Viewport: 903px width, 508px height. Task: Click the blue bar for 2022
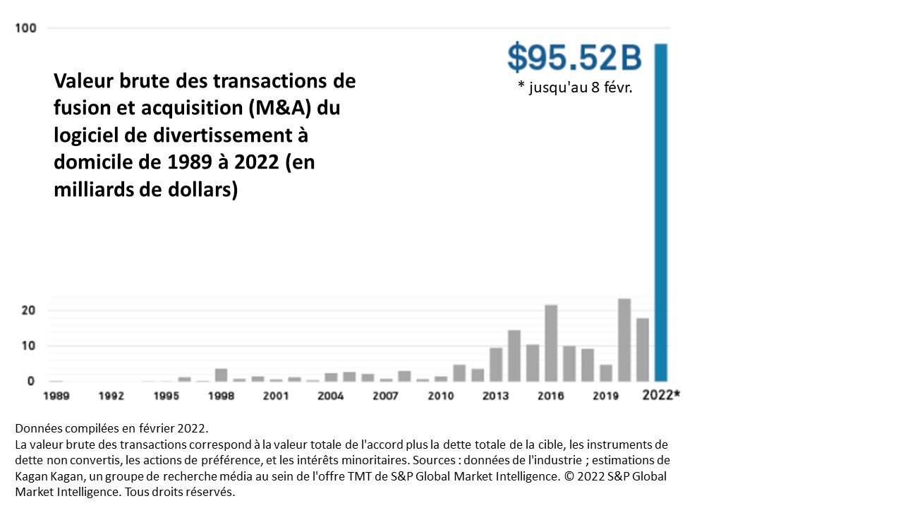coord(661,212)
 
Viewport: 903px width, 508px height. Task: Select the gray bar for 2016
coord(551,343)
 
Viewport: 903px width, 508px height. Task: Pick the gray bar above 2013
coord(496,365)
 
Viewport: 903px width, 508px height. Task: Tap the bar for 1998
coord(222,375)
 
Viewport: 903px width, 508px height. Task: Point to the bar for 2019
coord(606,373)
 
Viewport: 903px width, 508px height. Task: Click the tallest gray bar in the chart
coord(624,340)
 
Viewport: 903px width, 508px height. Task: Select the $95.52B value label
coord(574,58)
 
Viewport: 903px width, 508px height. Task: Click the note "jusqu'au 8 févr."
coord(581,87)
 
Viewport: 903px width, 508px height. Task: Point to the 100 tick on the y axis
coord(26,28)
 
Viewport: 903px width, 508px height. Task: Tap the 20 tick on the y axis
coord(28,310)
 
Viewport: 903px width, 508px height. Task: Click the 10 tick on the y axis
coord(28,346)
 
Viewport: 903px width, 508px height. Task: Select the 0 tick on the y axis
coord(31,381)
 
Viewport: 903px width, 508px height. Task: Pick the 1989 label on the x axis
coord(56,396)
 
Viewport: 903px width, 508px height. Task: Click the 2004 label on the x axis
coord(331,396)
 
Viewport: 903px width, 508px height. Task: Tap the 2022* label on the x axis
coord(661,394)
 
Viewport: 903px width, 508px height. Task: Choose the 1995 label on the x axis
coord(166,396)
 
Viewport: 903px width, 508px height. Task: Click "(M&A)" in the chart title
coord(280,108)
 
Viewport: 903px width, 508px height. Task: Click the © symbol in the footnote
coord(569,476)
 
